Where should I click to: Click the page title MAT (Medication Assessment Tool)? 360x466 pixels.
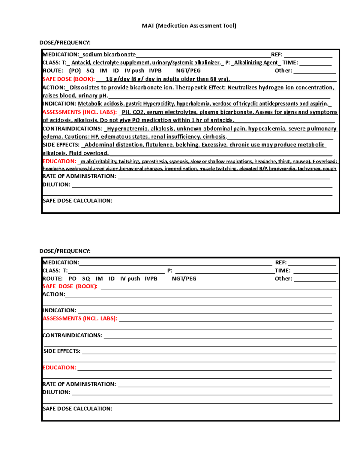[189, 26]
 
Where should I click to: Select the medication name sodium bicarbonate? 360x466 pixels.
[109, 55]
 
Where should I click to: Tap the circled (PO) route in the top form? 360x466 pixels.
[75, 71]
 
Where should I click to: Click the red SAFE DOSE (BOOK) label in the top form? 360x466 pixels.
[69, 79]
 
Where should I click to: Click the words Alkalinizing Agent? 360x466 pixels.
[256, 63]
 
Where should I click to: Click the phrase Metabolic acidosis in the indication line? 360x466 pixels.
[101, 104]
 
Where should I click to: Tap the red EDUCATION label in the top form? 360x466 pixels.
[59, 161]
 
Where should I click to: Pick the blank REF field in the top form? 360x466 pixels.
[308, 55]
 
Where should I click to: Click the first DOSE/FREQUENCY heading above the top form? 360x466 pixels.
[65, 43]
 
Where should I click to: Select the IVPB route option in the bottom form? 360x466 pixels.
[151, 279]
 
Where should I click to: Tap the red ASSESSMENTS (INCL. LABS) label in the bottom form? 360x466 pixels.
[80, 319]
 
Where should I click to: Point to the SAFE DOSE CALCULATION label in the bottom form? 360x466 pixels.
[77, 409]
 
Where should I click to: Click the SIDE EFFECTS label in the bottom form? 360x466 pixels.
[62, 351]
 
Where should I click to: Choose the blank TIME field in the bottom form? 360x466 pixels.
[316, 271]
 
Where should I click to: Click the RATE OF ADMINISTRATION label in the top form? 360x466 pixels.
[79, 176]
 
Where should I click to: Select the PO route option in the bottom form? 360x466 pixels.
[72, 279]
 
